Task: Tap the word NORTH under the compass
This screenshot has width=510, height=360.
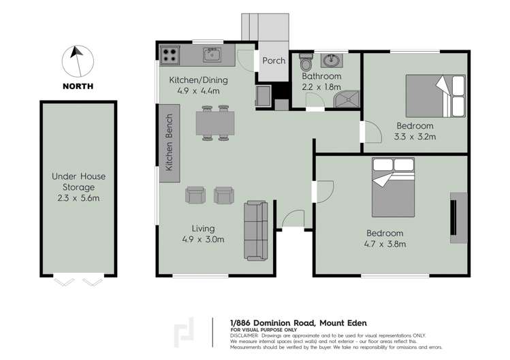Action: click(x=78, y=86)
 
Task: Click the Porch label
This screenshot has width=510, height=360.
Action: click(x=274, y=61)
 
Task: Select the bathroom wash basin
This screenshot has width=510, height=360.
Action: click(x=333, y=61)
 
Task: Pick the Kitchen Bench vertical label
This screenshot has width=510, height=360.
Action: click(x=170, y=143)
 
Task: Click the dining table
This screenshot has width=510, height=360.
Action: click(x=216, y=123)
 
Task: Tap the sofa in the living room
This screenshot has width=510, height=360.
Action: click(x=257, y=230)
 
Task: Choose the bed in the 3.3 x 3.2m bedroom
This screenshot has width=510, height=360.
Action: click(x=436, y=96)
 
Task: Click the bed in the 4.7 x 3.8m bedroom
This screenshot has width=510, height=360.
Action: click(x=393, y=186)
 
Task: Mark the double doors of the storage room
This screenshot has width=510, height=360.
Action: click(x=78, y=281)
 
